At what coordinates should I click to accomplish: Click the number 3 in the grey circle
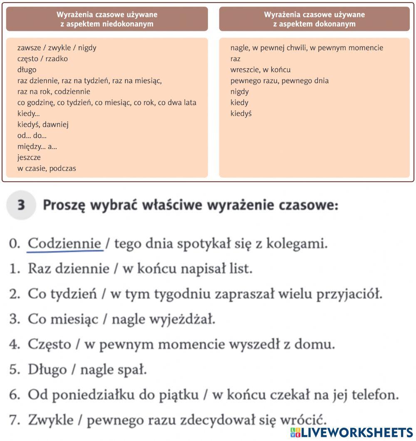point(22,206)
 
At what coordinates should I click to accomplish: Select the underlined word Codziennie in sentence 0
point(64,243)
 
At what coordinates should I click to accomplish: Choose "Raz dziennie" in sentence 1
point(68,269)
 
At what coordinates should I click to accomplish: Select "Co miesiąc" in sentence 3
point(63,319)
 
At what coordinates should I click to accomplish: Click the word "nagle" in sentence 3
point(128,319)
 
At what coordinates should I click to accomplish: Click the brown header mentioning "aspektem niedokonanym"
point(107,19)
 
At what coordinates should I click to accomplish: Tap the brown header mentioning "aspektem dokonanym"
point(314,19)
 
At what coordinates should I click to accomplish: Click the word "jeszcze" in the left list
point(29,158)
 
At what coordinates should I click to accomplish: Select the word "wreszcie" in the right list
point(244,70)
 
